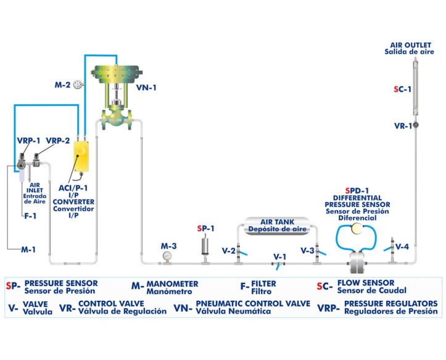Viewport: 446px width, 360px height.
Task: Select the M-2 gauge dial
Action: coord(78,85)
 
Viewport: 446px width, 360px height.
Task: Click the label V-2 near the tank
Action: coord(228,251)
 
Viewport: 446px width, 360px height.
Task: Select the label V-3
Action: coord(307,251)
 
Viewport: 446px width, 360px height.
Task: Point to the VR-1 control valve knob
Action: coord(415,126)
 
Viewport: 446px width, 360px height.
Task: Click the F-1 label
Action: coord(30,216)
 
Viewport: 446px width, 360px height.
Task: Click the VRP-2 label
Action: coord(59,141)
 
